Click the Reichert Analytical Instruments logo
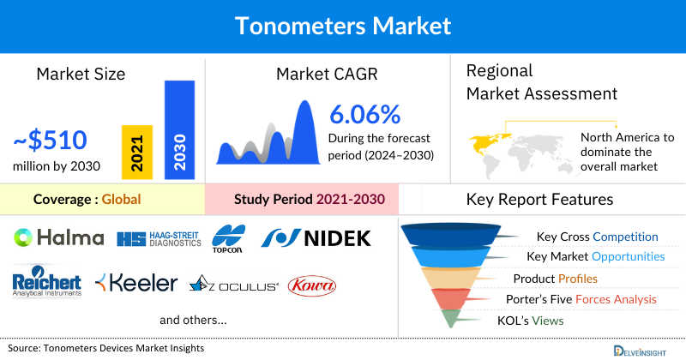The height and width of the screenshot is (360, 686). (47, 284)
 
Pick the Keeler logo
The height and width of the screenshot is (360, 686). (136, 283)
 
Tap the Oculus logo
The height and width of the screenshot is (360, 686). (233, 285)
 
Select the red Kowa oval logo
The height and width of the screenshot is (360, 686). (312, 285)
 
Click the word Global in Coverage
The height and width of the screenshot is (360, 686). (121, 200)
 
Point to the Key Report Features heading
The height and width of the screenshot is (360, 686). (539, 200)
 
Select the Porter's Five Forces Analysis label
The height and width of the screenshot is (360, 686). (585, 299)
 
